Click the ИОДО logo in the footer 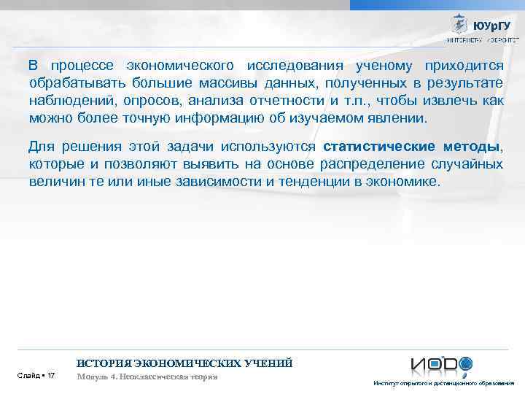pyautogui.click(x=441, y=364)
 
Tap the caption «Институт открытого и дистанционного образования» pyautogui.click(x=443, y=383)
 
